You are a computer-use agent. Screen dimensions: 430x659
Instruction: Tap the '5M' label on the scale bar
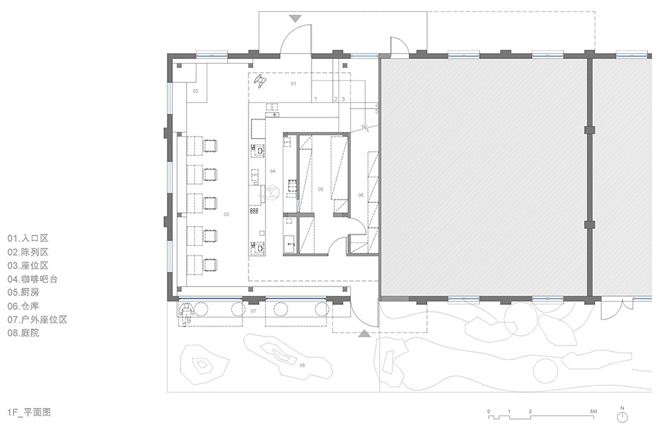pyautogui.click(x=594, y=410)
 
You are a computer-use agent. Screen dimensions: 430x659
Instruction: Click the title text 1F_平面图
pyautogui.click(x=30, y=412)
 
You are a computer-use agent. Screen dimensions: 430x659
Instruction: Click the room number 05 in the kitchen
pyautogui.click(x=320, y=188)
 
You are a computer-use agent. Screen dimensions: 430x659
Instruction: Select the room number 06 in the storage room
pyautogui.click(x=360, y=195)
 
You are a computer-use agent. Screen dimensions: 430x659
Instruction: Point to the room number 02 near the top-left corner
pyautogui.click(x=195, y=91)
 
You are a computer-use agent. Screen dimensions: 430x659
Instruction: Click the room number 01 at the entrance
pyautogui.click(x=292, y=83)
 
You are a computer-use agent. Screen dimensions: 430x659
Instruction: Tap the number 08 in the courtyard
pyautogui.click(x=302, y=365)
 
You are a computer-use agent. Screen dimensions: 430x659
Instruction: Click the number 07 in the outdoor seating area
pyautogui.click(x=253, y=312)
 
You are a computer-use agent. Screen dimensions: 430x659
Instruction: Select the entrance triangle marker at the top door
pyautogui.click(x=295, y=17)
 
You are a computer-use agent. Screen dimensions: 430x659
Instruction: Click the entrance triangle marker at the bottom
pyautogui.click(x=364, y=334)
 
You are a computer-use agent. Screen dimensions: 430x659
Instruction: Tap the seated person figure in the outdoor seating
pyautogui.click(x=185, y=312)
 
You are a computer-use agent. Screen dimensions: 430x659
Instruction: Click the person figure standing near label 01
pyautogui.click(x=260, y=82)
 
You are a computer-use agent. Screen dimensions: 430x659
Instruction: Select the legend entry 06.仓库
pyautogui.click(x=27, y=306)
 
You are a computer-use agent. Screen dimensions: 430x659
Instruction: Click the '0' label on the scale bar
pyautogui.click(x=489, y=410)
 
